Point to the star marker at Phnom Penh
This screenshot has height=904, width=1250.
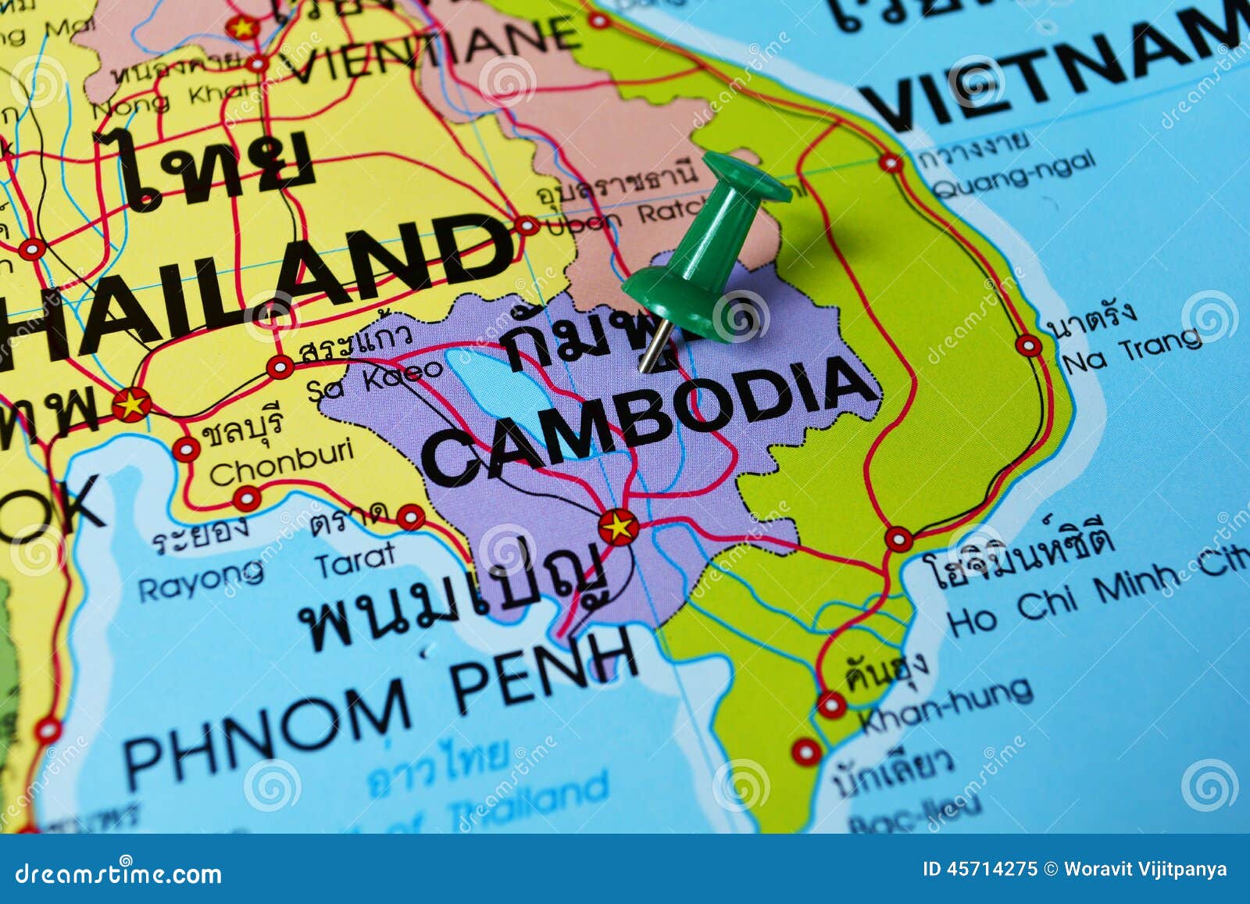click(x=619, y=527)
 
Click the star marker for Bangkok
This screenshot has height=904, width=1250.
click(x=131, y=405)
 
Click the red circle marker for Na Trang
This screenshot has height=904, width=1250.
click(x=1029, y=345)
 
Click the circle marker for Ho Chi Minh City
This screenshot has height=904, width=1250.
click(x=898, y=539)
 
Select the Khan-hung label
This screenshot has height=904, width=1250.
click(x=945, y=706)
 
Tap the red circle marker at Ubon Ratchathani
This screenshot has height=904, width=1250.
click(x=527, y=226)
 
